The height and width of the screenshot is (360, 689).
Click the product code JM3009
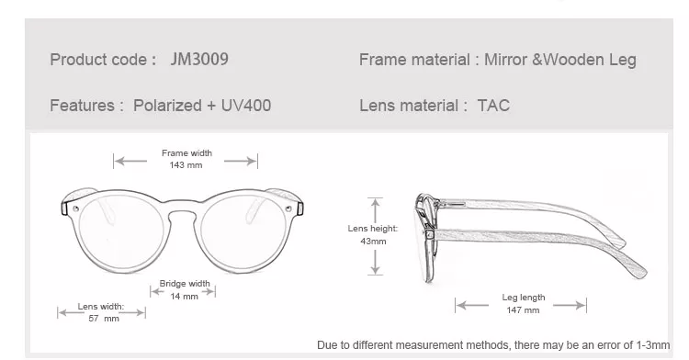pyautogui.click(x=199, y=60)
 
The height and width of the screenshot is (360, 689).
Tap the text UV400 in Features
pyautogui.click(x=246, y=106)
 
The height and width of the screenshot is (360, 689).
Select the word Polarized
pyautogui.click(x=167, y=106)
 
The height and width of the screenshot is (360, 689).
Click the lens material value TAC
pyautogui.click(x=493, y=106)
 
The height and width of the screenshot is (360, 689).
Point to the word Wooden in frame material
pyautogui.click(x=574, y=60)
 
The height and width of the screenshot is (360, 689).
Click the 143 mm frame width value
pyautogui.click(x=186, y=165)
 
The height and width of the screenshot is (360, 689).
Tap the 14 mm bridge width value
pyautogui.click(x=184, y=297)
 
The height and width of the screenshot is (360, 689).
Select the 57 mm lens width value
pyautogui.click(x=104, y=319)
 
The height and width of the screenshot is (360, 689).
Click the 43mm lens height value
pyautogui.click(x=373, y=241)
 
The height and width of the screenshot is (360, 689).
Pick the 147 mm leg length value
pyautogui.click(x=523, y=310)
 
